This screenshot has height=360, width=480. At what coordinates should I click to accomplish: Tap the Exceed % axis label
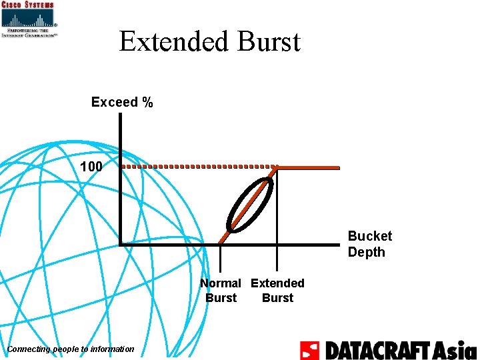click(x=122, y=102)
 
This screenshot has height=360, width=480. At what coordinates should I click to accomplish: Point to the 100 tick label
click(x=91, y=166)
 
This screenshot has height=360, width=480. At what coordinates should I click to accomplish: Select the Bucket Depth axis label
click(x=369, y=244)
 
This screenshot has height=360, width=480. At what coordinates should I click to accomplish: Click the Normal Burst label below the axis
click(x=221, y=291)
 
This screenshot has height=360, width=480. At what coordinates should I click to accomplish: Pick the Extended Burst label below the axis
click(x=277, y=291)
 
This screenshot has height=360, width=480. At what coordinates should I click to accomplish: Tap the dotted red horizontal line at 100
click(x=200, y=167)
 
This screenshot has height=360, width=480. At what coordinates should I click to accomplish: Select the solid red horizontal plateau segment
click(x=308, y=167)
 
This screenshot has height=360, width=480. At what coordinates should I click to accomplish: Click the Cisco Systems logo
click(x=29, y=19)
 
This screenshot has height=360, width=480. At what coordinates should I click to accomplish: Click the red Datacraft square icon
click(x=309, y=350)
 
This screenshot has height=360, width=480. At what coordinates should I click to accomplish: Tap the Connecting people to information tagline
click(x=70, y=349)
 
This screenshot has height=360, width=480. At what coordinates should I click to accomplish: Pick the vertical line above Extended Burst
click(x=277, y=213)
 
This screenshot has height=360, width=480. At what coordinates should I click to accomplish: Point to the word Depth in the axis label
click(x=366, y=252)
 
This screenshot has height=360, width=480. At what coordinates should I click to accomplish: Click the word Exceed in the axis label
click(x=113, y=102)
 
